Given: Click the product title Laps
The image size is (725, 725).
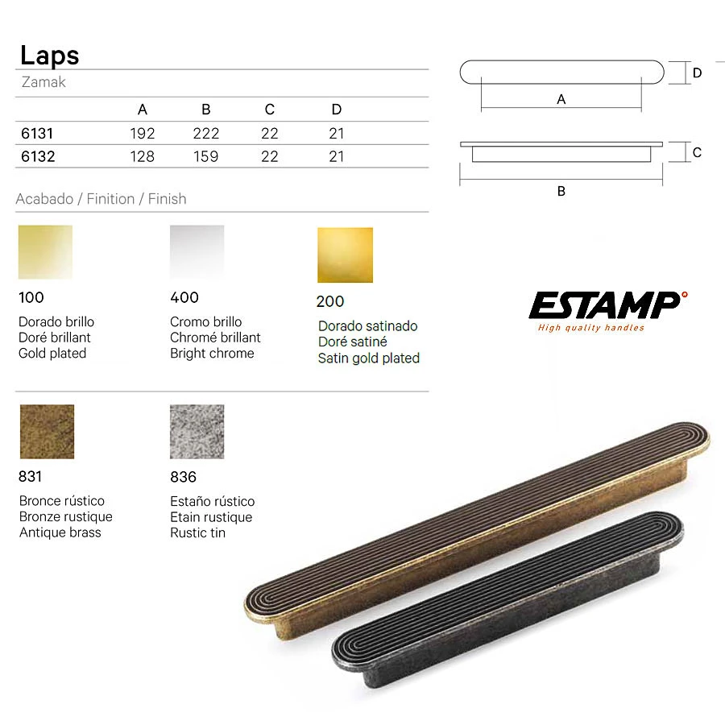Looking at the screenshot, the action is (x=49, y=56).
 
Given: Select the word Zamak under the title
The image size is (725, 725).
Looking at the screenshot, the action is (x=43, y=82).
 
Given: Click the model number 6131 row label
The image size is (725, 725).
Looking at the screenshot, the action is (x=37, y=134).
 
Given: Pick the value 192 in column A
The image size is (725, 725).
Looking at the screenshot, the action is (x=143, y=134).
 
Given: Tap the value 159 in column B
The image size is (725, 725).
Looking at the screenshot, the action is (x=205, y=157).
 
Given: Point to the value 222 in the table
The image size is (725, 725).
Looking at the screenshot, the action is (x=206, y=134).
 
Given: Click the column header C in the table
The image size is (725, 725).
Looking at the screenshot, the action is (x=270, y=110).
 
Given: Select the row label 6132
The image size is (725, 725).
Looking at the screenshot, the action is (x=38, y=157).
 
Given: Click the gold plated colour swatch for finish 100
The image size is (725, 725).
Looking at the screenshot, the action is (x=45, y=252).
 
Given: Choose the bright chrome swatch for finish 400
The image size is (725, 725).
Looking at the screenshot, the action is (x=197, y=252).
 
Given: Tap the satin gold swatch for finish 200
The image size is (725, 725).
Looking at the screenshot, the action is (x=345, y=255).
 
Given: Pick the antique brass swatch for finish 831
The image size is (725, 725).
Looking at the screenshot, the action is (x=48, y=432).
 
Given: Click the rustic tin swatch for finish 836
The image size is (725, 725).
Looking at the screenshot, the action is (x=197, y=432).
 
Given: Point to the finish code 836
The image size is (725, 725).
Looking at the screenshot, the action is (x=183, y=477).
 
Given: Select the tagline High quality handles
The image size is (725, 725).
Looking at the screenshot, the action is (x=591, y=328).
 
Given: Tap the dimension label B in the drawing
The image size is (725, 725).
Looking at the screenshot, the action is (x=561, y=191).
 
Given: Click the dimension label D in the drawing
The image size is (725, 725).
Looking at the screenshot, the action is (x=697, y=73).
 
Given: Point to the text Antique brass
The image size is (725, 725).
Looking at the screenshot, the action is (x=60, y=532).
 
